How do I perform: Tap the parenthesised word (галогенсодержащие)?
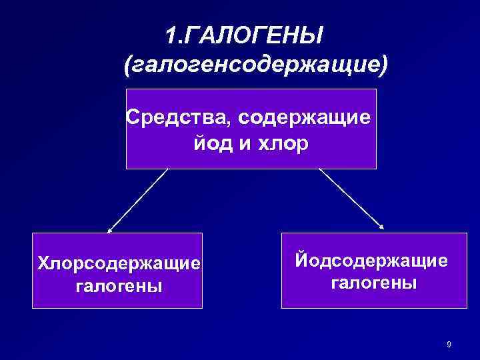tap(256, 65)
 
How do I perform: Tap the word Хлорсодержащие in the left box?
tap(119, 263)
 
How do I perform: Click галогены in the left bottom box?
tap(119, 287)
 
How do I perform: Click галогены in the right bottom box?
tap(374, 283)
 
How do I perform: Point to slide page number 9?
tap(449, 344)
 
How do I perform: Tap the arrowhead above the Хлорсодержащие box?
tap(110, 229)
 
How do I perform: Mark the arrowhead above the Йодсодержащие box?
tap(382, 227)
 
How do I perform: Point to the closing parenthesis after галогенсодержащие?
tap(383, 65)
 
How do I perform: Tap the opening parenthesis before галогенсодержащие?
tap(129, 65)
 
